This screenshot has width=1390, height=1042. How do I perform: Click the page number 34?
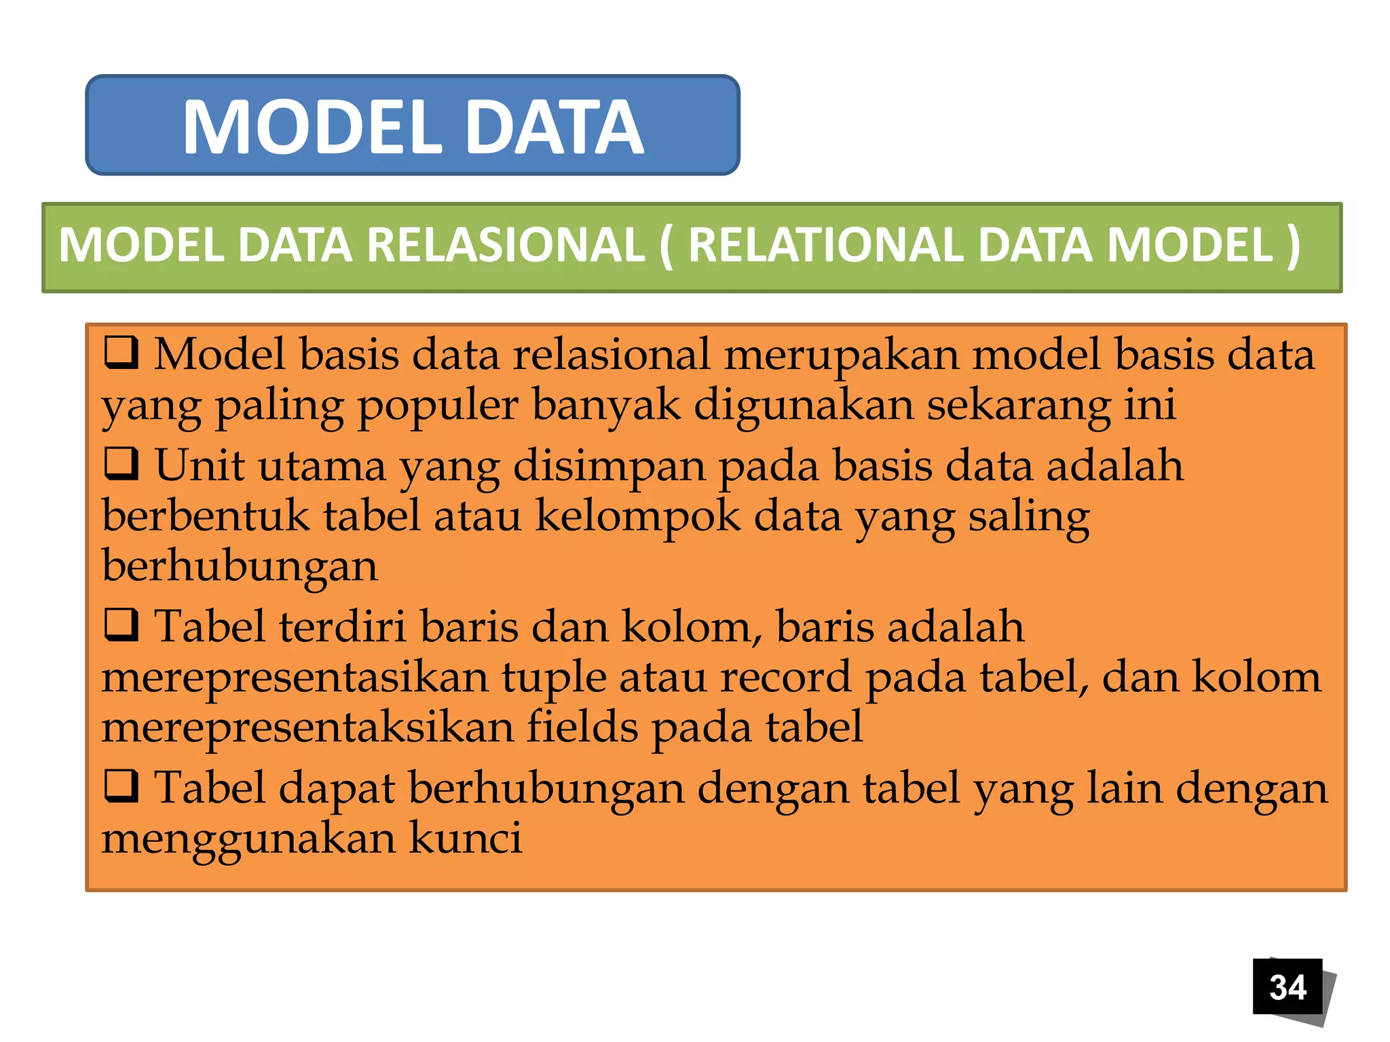point(1288,987)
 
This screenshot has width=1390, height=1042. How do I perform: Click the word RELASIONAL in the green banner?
point(506,245)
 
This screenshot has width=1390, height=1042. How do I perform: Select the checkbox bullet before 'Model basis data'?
point(121,353)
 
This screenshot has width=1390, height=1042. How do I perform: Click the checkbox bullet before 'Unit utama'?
point(121,464)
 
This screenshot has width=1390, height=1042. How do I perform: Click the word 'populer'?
point(438,406)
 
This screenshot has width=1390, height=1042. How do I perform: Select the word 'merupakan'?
point(842,355)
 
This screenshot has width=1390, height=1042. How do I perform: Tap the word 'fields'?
point(582,727)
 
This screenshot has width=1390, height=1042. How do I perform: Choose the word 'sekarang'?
point(1019,406)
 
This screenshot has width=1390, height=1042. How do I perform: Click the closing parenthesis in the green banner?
point(1293,245)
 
